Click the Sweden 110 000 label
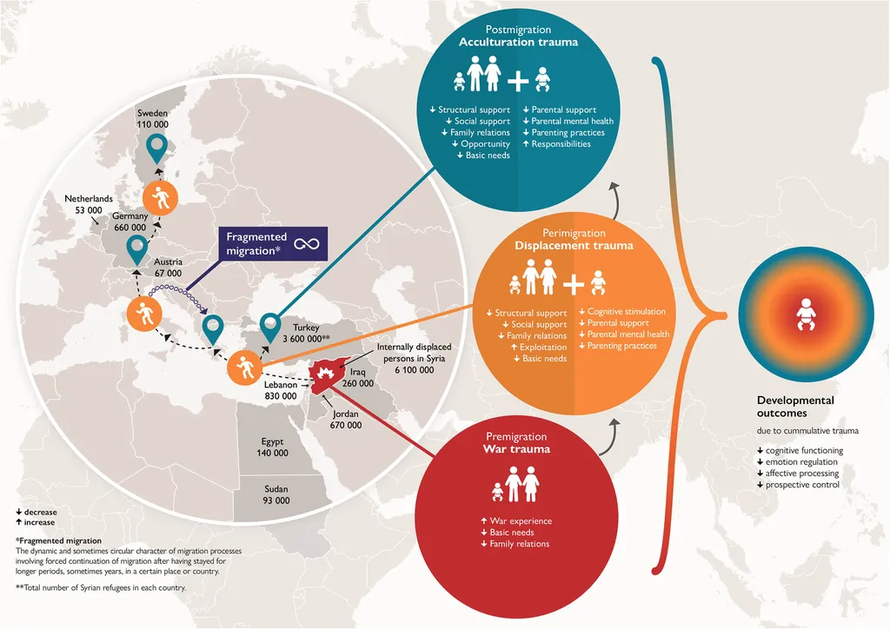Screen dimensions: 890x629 [153, 118]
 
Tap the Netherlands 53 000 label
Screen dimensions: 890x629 [89, 204]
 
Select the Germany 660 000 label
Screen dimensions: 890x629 [130, 222]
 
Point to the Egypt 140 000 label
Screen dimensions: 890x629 [272, 447]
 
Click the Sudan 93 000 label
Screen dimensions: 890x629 [276, 494]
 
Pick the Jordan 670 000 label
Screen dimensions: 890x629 [346, 419]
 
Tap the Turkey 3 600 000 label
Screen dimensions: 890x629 [306, 333]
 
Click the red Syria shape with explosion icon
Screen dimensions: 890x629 [327, 375]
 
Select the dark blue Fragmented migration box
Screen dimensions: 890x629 [274, 244]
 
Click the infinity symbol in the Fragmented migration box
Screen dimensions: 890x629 [307, 244]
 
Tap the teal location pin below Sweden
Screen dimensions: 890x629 [156, 149]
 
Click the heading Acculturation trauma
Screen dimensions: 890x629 [518, 42]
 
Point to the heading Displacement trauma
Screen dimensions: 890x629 [574, 246]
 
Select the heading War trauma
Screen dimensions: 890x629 [516, 449]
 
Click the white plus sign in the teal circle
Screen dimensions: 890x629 [518, 81]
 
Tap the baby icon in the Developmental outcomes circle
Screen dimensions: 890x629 [806, 314]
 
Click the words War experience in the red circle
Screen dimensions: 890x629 [521, 520]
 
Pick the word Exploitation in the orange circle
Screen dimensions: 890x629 [543, 348]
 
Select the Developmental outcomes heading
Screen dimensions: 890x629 [795, 407]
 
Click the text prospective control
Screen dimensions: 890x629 [802, 485]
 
